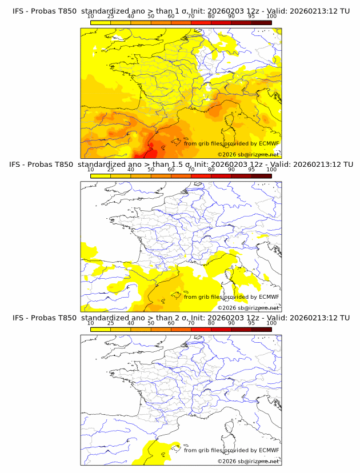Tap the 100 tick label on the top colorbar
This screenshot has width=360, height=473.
(271, 17)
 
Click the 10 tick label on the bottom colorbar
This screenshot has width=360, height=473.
(91, 323)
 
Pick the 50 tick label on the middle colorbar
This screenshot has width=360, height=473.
(151, 170)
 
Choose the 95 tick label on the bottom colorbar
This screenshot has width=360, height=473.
(251, 323)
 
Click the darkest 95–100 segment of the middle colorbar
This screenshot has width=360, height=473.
(261, 176)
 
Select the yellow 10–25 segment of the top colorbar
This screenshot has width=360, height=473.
(101, 22)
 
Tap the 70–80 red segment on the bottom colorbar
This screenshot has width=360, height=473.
(201, 330)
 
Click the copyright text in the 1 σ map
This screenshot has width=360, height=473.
(248, 155)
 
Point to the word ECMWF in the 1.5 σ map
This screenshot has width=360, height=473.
(269, 296)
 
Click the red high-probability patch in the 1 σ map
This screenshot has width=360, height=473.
(144, 151)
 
